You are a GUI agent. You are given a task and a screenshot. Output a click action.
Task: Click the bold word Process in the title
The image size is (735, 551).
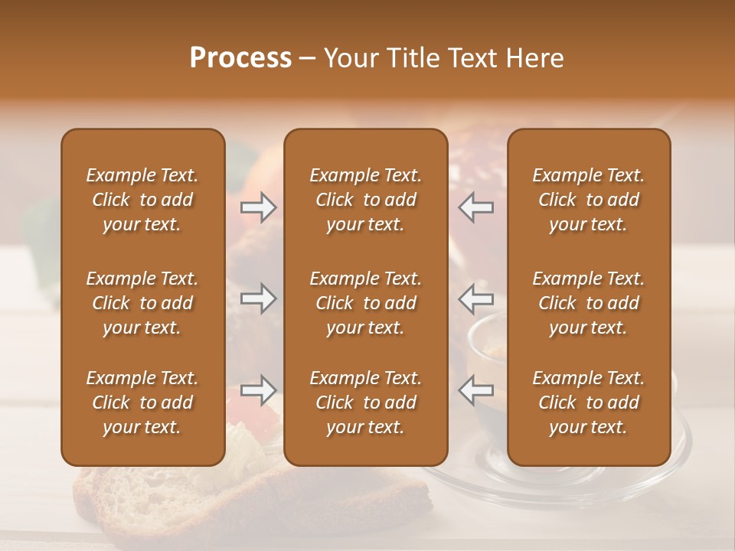(240, 57)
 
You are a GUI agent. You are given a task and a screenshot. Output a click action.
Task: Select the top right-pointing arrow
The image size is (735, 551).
(259, 207)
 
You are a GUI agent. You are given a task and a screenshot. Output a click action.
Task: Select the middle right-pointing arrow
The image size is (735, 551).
(259, 298)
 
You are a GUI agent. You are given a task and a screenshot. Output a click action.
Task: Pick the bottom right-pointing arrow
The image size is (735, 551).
(259, 390)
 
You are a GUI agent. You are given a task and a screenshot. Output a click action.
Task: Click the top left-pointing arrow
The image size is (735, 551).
(475, 207)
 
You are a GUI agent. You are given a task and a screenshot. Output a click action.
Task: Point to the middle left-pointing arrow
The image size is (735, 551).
(475, 298)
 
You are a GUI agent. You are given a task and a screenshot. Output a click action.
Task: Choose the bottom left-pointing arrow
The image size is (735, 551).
(475, 390)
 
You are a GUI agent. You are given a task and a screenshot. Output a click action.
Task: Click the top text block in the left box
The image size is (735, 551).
(142, 200)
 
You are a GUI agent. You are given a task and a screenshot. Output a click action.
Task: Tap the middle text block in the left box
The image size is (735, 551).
(142, 303)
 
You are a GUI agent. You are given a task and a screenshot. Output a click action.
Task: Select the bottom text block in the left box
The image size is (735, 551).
(142, 403)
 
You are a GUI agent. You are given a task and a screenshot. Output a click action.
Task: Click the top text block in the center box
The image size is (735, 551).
(365, 200)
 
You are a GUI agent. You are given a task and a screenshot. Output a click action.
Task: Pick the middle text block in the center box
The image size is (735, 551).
(365, 303)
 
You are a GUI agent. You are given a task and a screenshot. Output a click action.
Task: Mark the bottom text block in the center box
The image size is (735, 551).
(365, 403)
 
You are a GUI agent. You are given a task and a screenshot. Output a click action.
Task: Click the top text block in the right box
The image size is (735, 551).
(588, 200)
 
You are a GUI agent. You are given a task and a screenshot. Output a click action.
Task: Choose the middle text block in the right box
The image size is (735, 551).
(588, 303)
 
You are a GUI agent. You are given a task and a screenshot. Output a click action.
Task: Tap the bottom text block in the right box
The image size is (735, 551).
(588, 403)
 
